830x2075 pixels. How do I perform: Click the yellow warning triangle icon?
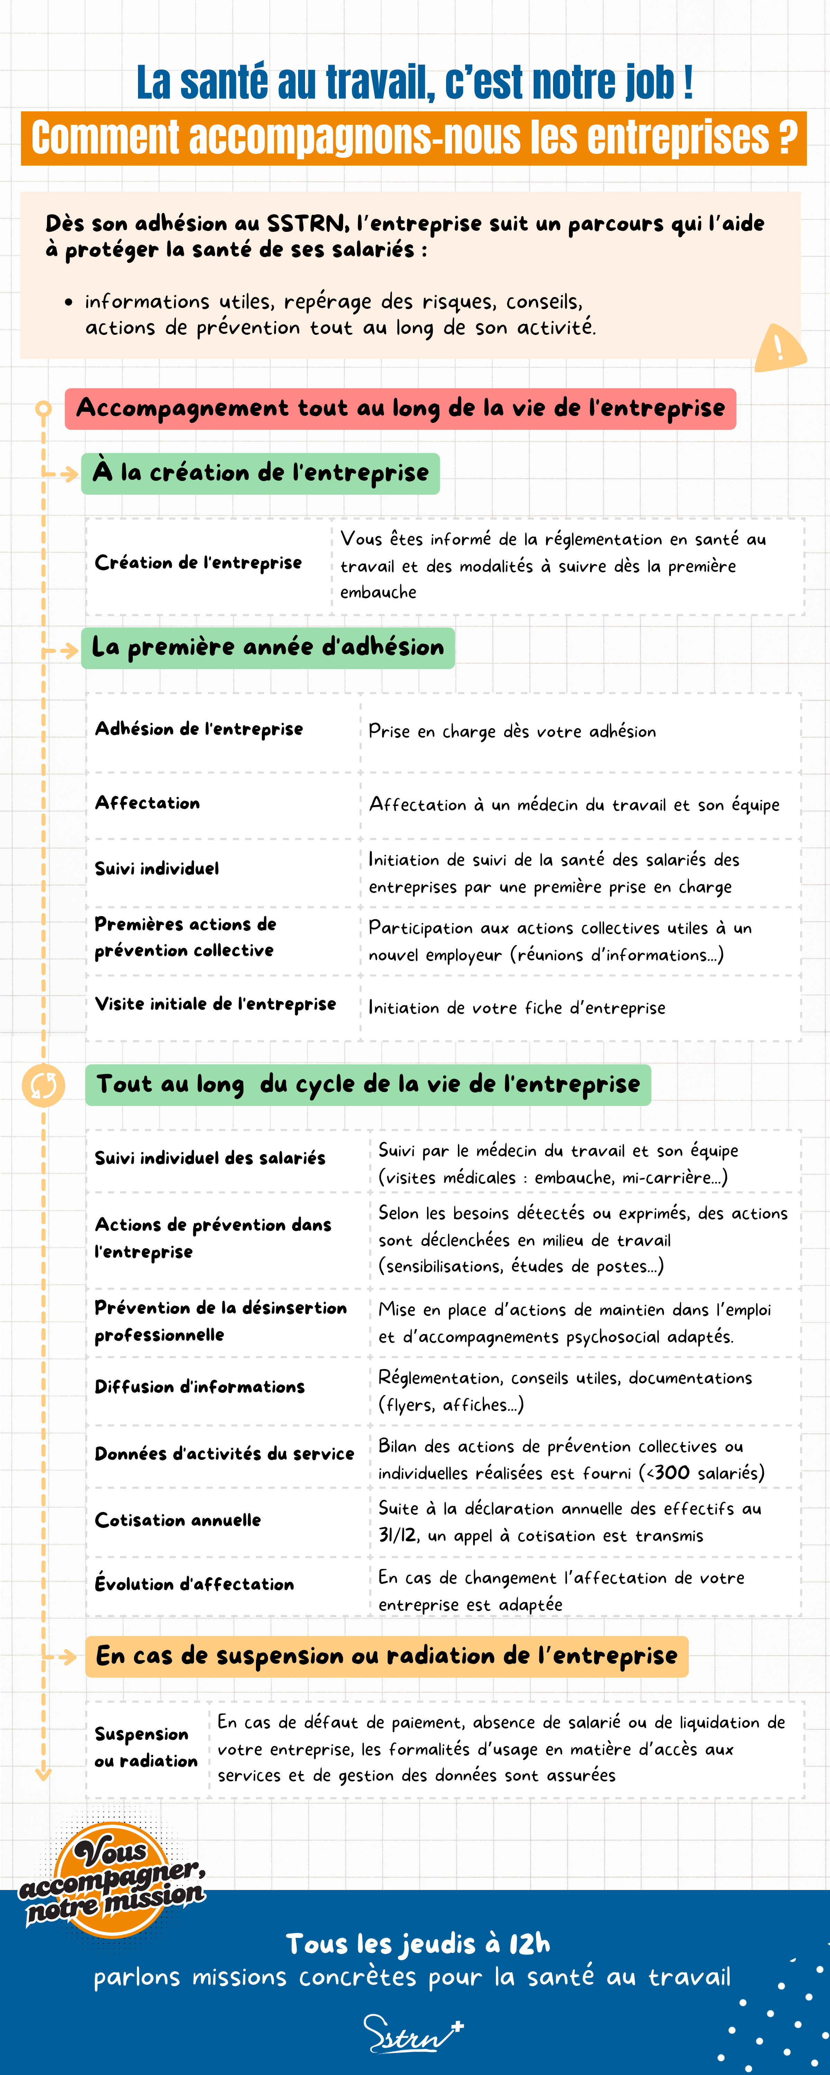point(779,348)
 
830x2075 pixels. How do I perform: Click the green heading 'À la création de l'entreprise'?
point(260,473)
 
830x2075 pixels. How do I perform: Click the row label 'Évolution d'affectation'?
point(194,1584)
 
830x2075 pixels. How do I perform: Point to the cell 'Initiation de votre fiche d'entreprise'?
point(517,1008)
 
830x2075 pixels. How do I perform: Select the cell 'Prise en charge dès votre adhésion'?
point(512,731)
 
